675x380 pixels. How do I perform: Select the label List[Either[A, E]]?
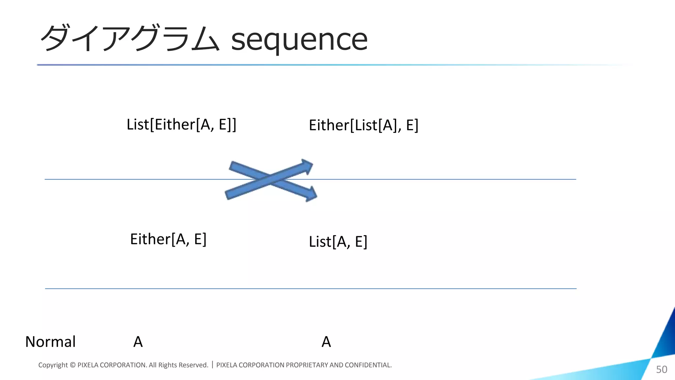point(182,125)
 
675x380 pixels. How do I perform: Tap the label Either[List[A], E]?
point(364,125)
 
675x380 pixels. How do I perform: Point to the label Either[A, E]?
point(168,239)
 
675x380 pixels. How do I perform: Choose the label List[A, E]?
point(338,242)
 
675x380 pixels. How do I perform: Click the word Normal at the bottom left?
point(50,342)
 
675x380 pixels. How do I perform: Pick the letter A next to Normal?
point(138,342)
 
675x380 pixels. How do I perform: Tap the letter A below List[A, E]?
point(326,342)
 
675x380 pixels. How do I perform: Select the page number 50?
point(661,369)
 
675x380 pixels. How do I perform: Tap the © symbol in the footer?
point(73,365)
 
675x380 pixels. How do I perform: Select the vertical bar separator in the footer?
point(212,365)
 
